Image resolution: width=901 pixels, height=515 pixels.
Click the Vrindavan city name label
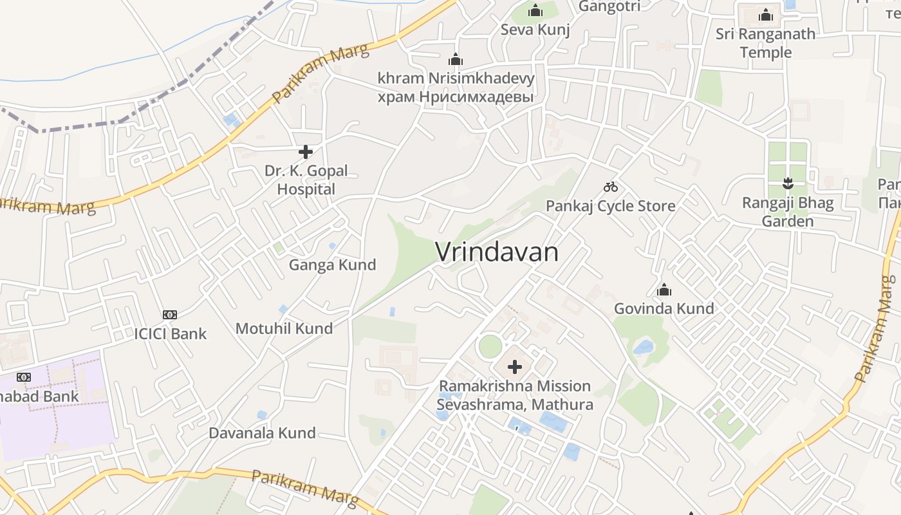click(497, 252)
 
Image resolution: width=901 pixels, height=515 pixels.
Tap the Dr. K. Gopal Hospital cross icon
click(306, 152)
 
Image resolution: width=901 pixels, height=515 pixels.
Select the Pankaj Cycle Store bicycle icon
click(611, 187)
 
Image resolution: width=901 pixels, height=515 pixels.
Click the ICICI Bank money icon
click(170, 314)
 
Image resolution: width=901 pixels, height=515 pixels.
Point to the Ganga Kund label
click(332, 265)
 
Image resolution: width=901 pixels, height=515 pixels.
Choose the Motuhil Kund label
click(284, 328)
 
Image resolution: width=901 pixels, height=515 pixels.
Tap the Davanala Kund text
click(262, 433)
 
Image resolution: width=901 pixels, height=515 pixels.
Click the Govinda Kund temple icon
click(664, 290)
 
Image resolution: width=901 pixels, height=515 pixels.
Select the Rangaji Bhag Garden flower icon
click(788, 183)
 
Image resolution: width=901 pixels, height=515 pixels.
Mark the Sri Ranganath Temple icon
click(765, 14)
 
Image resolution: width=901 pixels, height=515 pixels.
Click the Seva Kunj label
click(535, 30)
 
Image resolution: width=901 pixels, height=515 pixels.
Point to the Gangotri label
click(609, 6)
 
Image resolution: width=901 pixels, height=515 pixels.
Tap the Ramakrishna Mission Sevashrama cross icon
click(515, 367)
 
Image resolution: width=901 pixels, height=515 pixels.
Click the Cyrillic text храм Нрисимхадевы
click(456, 97)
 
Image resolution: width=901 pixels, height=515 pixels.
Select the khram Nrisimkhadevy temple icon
click(456, 60)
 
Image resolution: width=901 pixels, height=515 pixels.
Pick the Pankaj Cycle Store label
click(611, 206)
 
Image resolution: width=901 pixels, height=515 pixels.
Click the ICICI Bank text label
click(171, 333)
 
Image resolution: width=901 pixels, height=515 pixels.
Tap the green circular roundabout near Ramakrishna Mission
click(490, 346)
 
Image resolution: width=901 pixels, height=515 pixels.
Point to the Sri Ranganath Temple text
click(765, 42)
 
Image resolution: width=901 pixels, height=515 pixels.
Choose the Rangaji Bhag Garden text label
click(788, 212)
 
